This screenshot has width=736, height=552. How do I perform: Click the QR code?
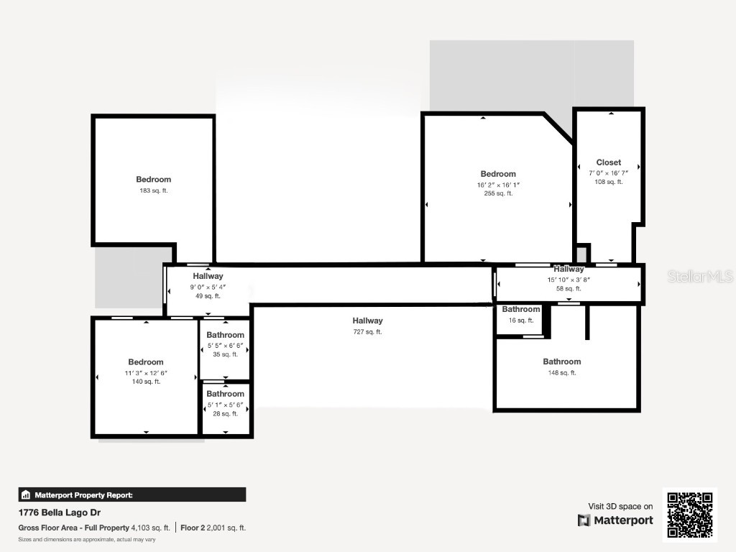(x=689, y=515)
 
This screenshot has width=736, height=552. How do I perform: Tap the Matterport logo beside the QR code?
(x=615, y=520)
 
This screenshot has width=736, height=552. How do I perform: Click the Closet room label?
(x=608, y=162)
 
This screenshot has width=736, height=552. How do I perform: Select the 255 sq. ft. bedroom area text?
(x=498, y=193)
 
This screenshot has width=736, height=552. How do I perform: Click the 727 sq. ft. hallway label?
(x=367, y=321)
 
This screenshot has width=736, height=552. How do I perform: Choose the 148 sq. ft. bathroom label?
(x=561, y=362)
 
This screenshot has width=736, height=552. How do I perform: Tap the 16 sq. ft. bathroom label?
(x=520, y=310)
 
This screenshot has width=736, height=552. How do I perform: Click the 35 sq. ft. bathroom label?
(x=225, y=336)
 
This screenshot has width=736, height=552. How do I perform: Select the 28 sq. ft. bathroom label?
(x=225, y=394)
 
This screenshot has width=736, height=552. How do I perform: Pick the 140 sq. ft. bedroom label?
(x=146, y=362)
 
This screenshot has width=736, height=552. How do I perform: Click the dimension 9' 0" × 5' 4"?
(x=208, y=287)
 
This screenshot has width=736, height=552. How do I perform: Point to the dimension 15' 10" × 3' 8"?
(x=569, y=280)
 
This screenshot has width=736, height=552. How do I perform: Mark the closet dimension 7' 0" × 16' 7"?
(x=608, y=172)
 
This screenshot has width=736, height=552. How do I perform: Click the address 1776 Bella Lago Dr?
(x=60, y=513)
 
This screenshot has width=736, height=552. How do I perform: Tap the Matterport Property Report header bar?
(x=132, y=494)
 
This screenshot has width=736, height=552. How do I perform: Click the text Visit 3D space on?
(x=620, y=507)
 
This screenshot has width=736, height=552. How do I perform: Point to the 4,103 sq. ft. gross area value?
(x=150, y=528)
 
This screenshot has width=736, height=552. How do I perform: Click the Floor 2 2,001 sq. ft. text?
(x=213, y=528)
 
